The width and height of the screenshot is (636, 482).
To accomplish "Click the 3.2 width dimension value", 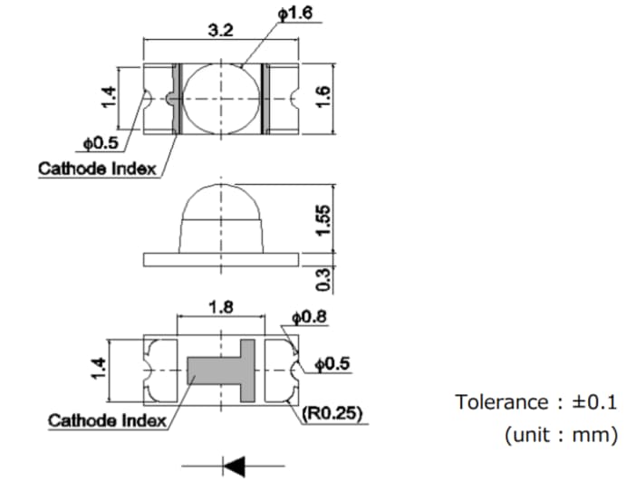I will tap(221, 30).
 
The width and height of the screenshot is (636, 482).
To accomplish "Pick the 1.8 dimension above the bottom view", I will tap(221, 307).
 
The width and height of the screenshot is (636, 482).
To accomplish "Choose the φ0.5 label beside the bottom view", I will tap(332, 364).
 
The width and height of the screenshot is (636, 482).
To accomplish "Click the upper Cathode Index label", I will tap(97, 168).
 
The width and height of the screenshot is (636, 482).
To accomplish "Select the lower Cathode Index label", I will tap(107, 419).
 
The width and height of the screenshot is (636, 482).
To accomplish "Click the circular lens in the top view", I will tap(221, 98).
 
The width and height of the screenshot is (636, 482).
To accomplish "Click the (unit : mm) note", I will tap(560, 435).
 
